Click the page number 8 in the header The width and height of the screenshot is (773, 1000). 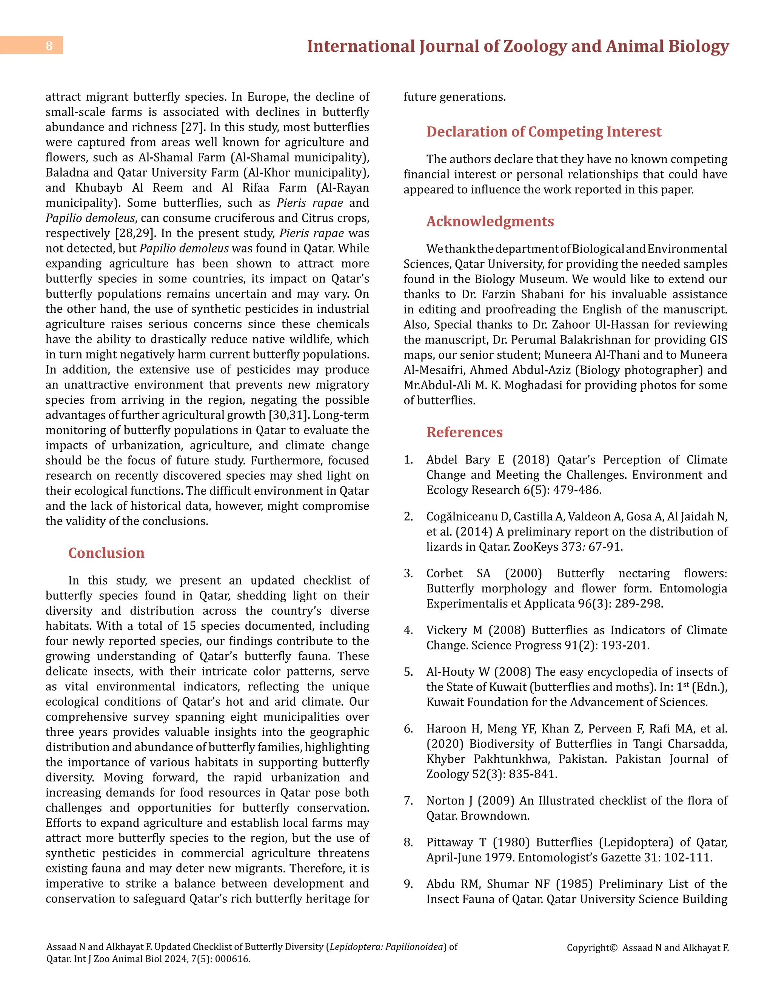point(49,46)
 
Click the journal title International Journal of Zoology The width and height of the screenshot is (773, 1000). point(517,46)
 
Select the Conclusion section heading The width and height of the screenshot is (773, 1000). point(106,553)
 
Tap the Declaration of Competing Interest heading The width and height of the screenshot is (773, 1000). point(544,131)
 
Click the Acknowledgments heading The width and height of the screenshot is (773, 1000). point(490,221)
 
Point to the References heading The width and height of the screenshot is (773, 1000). point(464,432)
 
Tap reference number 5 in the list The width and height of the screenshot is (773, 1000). point(408,672)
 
